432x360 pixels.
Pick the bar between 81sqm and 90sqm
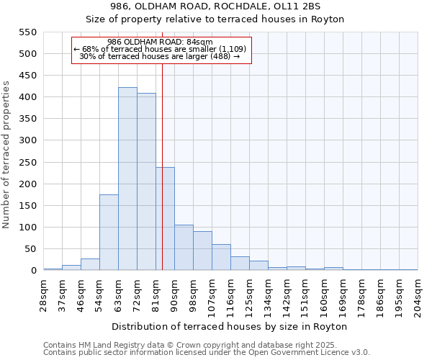pos(165,219)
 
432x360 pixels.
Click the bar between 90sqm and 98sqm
pos(184,247)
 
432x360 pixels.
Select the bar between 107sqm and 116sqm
pos(221,257)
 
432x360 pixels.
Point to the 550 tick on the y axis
pos(27,32)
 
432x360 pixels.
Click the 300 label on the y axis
pos(27,140)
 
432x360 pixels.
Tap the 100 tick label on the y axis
pos(27,228)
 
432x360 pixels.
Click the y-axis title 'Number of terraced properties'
pos(7,155)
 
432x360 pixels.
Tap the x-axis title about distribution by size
pos(230,326)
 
